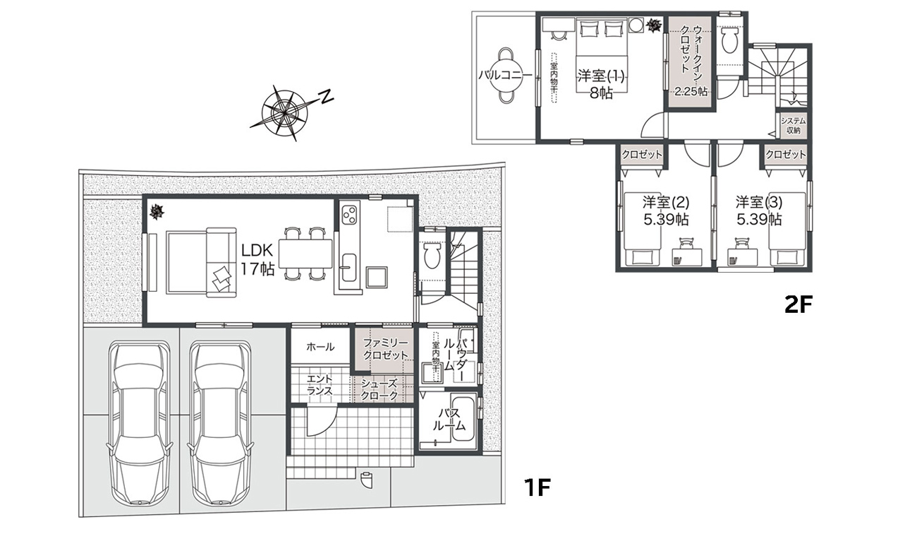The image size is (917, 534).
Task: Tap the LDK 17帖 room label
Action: [x=257, y=259]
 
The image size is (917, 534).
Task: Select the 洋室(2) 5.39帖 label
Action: [x=666, y=211]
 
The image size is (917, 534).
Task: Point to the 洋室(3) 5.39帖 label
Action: [x=759, y=211]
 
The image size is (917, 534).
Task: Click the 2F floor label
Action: [x=798, y=305]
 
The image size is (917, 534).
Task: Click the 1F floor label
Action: [x=537, y=487]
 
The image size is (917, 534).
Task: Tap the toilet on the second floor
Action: [x=729, y=40]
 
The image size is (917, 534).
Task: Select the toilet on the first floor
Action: [x=431, y=256]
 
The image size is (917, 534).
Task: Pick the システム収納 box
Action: [x=793, y=126]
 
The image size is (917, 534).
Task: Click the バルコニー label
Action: [x=505, y=76]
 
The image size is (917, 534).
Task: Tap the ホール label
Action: [x=320, y=347]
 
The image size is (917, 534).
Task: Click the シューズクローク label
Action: [x=379, y=389]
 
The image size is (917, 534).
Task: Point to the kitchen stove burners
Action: [x=350, y=214]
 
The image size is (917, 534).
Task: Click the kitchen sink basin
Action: [x=349, y=268]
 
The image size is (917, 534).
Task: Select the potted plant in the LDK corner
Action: [x=157, y=211]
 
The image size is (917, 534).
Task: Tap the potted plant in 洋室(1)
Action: [x=653, y=26]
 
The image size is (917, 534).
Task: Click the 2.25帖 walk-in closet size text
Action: [x=691, y=92]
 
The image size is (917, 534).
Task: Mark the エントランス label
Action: [x=320, y=384]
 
